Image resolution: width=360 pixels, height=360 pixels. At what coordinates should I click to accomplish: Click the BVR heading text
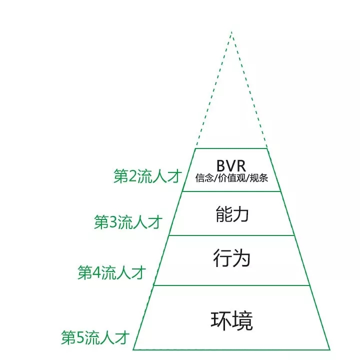[x=231, y=166]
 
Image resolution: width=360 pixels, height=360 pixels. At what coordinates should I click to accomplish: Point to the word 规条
[x=259, y=178]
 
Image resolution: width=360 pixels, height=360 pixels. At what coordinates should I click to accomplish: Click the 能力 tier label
[x=232, y=214]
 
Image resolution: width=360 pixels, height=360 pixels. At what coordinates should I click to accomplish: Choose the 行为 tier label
[x=231, y=258]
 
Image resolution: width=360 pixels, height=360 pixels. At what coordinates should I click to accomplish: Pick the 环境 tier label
[x=231, y=320]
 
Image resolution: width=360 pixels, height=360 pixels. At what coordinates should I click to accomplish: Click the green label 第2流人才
[x=148, y=176]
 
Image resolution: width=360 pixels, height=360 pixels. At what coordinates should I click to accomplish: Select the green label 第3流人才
[x=128, y=222]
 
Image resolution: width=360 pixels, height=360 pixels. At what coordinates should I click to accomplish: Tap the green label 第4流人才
[x=112, y=272]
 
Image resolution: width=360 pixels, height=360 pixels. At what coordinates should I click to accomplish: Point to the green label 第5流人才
[x=95, y=337]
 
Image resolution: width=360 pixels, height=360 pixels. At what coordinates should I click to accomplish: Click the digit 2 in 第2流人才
[x=132, y=177]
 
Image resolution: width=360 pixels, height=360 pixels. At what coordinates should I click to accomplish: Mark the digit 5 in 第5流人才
[x=80, y=338]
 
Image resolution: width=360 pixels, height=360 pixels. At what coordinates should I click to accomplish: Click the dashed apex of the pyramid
[x=231, y=31]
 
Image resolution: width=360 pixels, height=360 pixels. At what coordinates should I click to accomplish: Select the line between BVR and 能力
[x=231, y=191]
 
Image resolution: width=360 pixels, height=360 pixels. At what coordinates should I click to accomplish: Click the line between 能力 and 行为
[x=231, y=235]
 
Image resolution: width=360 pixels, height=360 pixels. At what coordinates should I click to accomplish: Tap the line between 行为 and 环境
[x=231, y=285]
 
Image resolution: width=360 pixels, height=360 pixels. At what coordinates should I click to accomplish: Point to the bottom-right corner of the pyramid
[x=330, y=350]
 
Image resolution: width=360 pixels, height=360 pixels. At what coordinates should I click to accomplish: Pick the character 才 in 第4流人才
[x=138, y=272]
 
